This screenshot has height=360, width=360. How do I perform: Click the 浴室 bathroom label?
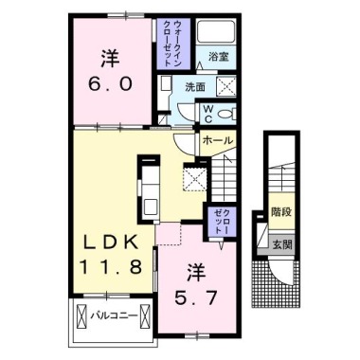click(218, 58)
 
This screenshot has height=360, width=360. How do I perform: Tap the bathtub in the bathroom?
click(216, 31)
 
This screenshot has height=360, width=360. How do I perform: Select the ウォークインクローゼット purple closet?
click(173, 44)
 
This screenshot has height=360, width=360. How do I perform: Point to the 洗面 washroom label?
click(195, 86)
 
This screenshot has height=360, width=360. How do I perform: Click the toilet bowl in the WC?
click(227, 114)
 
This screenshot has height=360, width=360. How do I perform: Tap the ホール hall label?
click(218, 139)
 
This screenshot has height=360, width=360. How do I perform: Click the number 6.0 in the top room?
click(110, 83)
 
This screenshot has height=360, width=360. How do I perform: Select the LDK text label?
click(111, 243)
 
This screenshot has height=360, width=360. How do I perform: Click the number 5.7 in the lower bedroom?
click(196, 297)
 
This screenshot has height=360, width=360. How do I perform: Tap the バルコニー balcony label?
click(114, 315)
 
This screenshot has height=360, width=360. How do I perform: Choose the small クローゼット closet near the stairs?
click(222, 221)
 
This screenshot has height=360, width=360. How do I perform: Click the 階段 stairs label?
click(280, 212)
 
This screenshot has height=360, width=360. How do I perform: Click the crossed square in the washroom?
click(226, 85)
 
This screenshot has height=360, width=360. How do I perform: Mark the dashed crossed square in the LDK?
click(195, 179)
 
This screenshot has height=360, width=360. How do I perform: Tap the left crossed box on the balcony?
click(81, 316)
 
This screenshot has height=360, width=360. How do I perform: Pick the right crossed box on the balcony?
click(145, 316)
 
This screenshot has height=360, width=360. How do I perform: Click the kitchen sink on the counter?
click(151, 207)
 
